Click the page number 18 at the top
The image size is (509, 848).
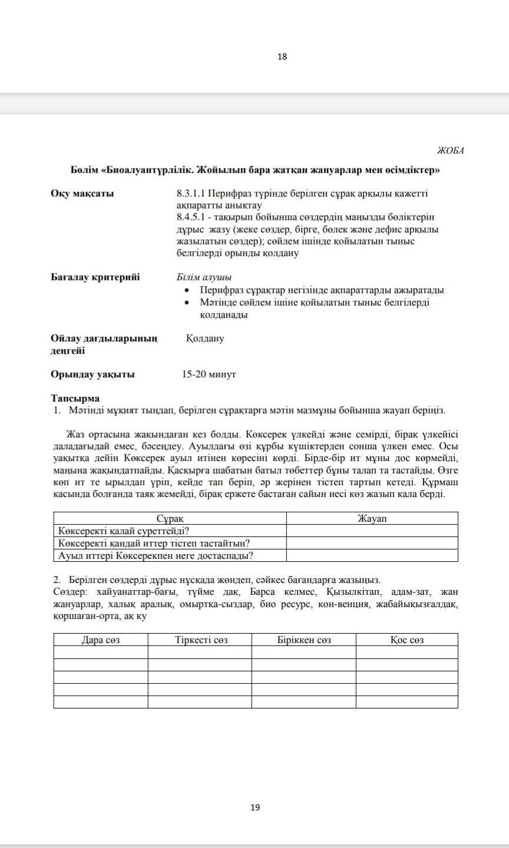coord(282,57)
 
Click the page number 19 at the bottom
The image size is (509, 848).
coord(255,807)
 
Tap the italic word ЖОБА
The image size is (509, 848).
coord(450,151)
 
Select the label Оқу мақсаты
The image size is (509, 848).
coord(82,193)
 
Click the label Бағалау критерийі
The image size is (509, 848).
coord(95,277)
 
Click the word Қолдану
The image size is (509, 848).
coord(204,339)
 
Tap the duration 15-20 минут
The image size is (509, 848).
coord(209,375)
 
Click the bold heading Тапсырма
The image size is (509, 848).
coord(75,399)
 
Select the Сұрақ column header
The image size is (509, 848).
coord(170,518)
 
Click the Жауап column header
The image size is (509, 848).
coord(372,518)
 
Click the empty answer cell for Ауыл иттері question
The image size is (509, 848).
coord(372,555)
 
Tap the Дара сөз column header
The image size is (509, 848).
coord(100,640)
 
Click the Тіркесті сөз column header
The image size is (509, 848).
coord(201,640)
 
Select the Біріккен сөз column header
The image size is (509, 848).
coord(304,640)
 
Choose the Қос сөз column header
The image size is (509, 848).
coord(406,640)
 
